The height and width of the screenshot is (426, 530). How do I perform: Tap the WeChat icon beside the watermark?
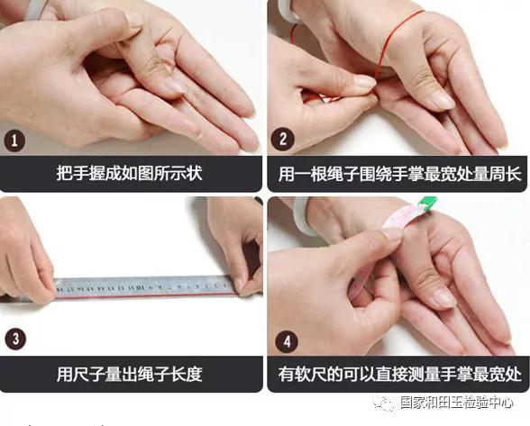point(386,405)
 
